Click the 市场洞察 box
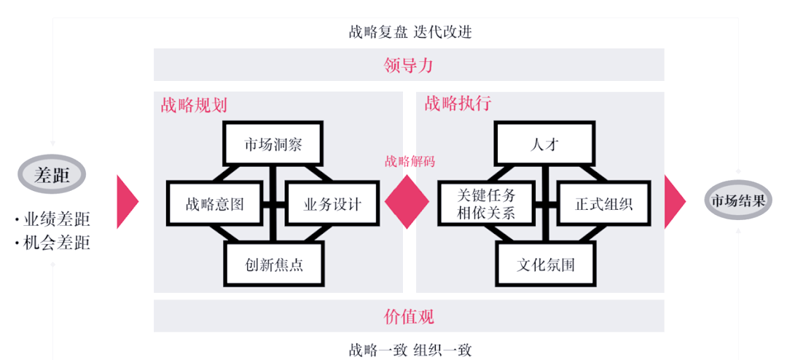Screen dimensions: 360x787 [273, 143]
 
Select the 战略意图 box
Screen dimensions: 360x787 [214, 203]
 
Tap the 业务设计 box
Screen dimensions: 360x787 [332, 203]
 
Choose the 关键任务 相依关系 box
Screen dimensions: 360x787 [486, 203]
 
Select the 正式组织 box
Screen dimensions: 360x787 [604, 203]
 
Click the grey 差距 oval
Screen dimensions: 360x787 [52, 175]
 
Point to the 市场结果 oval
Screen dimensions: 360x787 [738, 200]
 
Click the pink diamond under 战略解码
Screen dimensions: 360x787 [407, 202]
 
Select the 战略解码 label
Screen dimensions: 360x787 [410, 162]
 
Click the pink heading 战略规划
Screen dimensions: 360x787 [194, 104]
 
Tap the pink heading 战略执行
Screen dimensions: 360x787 [458, 103]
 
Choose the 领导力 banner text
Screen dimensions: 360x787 [408, 65]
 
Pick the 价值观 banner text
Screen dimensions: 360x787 [409, 316]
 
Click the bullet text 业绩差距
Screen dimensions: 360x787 [57, 219]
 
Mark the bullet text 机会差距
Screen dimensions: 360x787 [57, 242]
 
